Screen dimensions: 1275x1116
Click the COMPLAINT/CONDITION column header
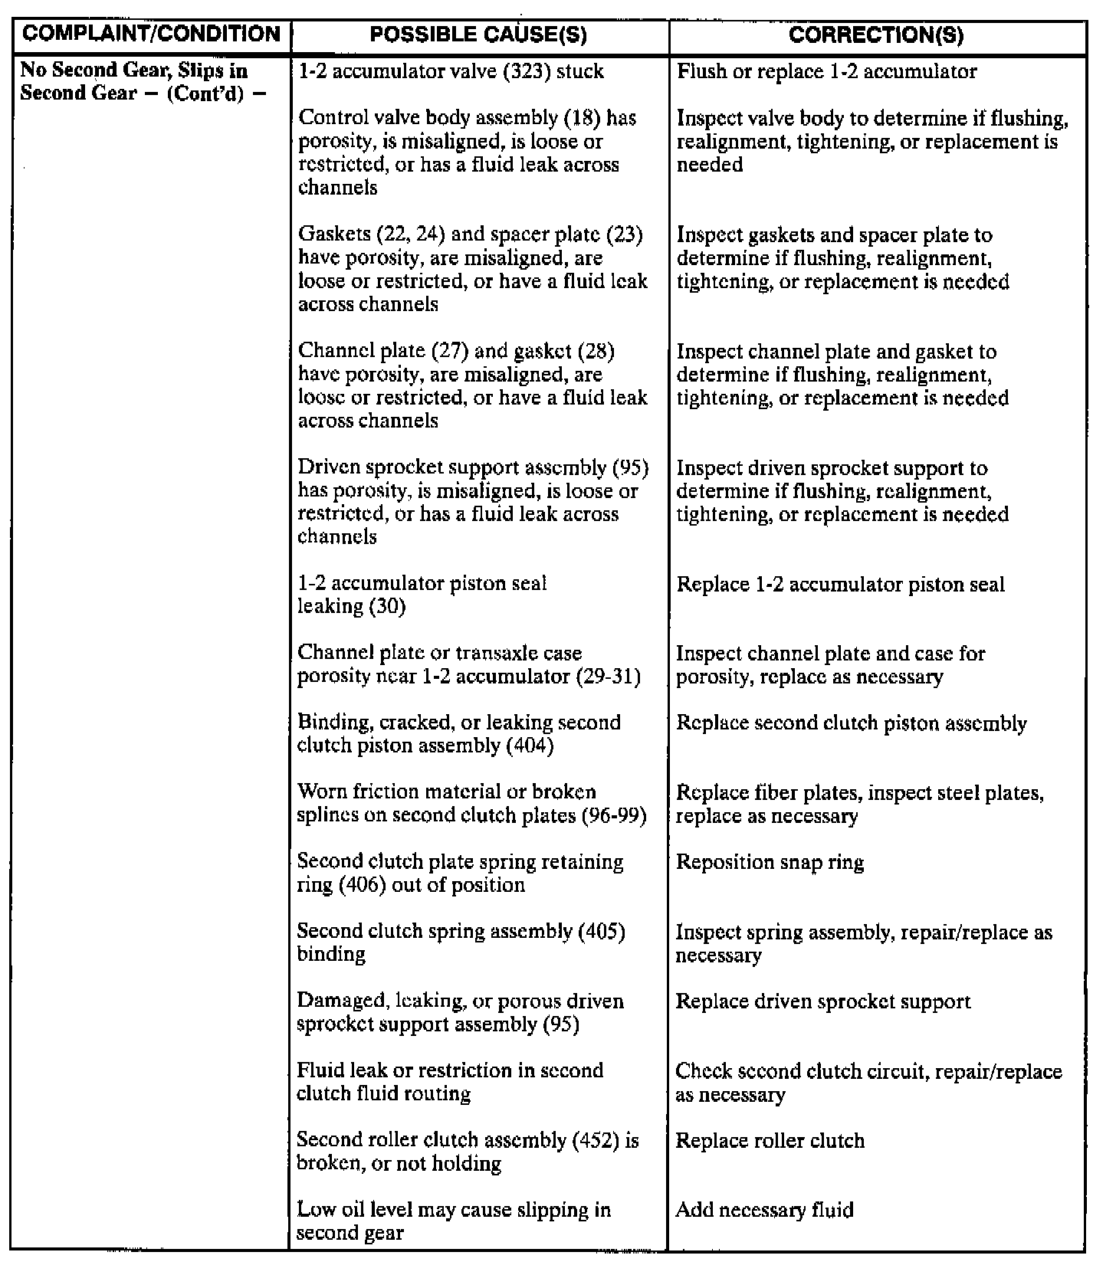coord(151,34)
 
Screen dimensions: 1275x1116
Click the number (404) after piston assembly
coord(530,746)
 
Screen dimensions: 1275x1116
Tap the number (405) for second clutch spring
coord(602,932)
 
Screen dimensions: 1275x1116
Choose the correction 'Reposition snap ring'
coord(770,863)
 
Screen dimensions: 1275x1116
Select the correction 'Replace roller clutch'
coord(770,1141)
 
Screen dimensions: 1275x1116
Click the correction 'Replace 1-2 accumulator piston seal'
coord(840,585)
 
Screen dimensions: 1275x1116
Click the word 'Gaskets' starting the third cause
coord(331,235)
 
